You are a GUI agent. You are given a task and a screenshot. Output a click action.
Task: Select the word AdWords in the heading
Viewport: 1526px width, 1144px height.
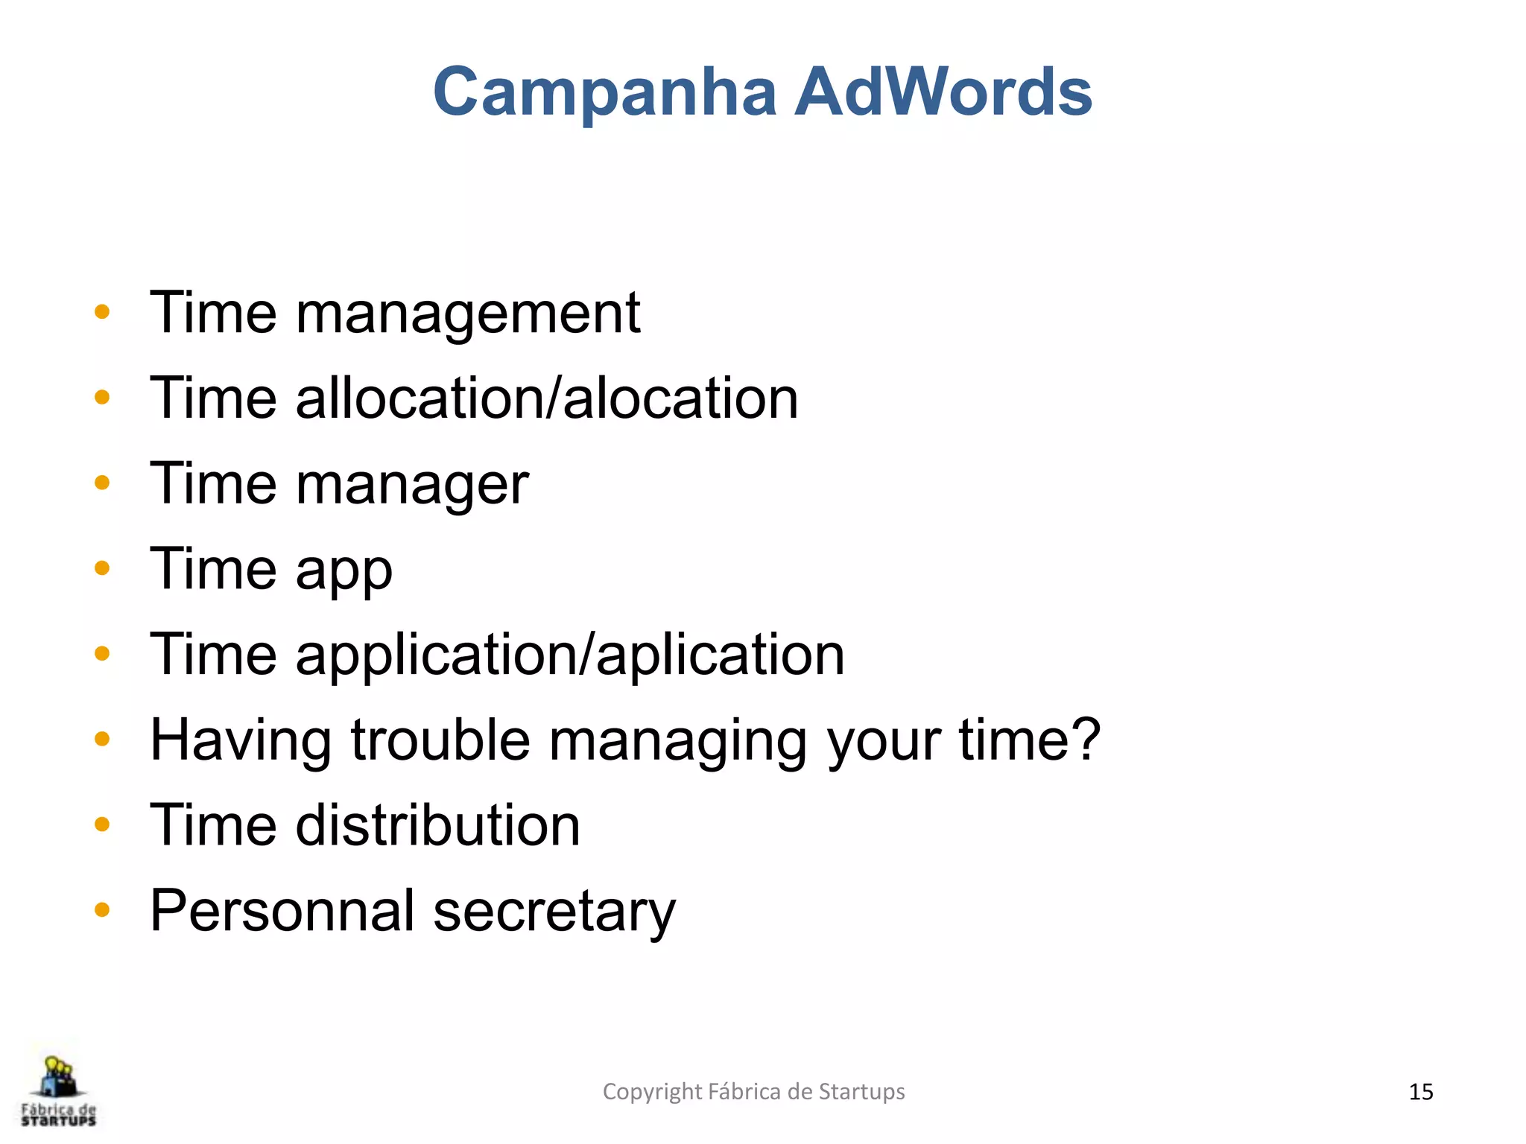pyautogui.click(x=943, y=92)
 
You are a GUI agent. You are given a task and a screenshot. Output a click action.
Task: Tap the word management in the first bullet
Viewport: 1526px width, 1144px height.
pyautogui.click(x=468, y=313)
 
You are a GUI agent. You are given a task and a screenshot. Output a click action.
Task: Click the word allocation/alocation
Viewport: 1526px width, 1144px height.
pyautogui.click(x=547, y=398)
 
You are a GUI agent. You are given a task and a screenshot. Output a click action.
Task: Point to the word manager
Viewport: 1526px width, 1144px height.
pyautogui.click(x=412, y=484)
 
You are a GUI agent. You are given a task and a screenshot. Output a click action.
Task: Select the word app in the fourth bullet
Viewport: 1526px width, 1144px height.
pyautogui.click(x=343, y=571)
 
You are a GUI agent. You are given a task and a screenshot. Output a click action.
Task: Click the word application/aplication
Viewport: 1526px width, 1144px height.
pyautogui.click(x=570, y=655)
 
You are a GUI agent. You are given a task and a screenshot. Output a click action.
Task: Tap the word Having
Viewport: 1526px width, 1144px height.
pyautogui.click(x=241, y=740)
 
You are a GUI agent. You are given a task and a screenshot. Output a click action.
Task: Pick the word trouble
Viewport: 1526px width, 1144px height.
pyautogui.click(x=440, y=740)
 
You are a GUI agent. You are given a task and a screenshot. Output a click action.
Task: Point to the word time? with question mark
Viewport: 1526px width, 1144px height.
pyautogui.click(x=1029, y=740)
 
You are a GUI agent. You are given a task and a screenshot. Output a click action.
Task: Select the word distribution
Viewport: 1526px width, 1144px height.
pyautogui.click(x=437, y=826)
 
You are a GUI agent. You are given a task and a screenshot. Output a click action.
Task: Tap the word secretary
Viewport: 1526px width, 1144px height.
pyautogui.click(x=554, y=912)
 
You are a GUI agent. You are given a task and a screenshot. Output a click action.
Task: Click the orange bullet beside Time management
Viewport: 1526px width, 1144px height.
pyautogui.click(x=102, y=312)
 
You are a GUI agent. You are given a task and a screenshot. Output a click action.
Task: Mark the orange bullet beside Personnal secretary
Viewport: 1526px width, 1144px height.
pyautogui.click(x=102, y=910)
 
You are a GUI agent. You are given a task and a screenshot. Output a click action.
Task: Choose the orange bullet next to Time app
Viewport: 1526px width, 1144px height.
pyautogui.click(x=102, y=569)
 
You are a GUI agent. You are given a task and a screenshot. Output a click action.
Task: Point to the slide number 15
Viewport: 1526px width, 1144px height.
pyautogui.click(x=1420, y=1092)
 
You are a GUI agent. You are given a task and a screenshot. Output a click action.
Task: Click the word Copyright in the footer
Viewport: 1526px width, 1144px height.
pyautogui.click(x=651, y=1092)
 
